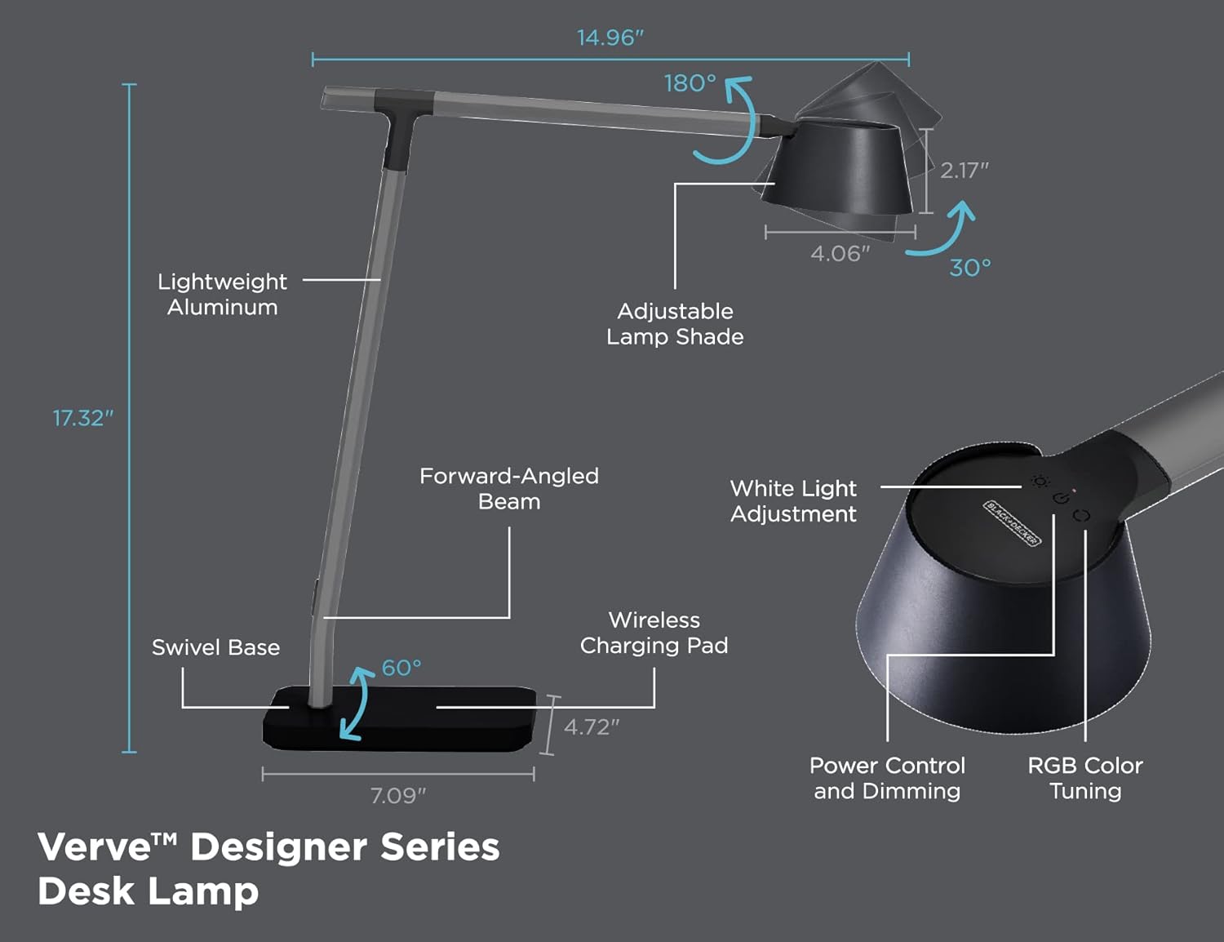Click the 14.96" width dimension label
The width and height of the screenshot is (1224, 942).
[x=610, y=38]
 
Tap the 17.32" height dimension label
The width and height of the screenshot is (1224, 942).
[x=82, y=418]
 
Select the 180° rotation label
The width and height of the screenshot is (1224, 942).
[x=690, y=83]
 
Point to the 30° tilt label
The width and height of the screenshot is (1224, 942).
[x=970, y=268]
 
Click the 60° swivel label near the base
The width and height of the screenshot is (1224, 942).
[x=401, y=668]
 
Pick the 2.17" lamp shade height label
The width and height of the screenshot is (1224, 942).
[x=965, y=170]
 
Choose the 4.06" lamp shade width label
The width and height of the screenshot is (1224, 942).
[x=840, y=254]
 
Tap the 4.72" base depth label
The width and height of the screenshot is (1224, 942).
[x=592, y=727]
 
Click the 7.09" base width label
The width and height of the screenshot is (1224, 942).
[x=397, y=796]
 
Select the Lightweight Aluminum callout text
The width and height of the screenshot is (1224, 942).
[x=222, y=294]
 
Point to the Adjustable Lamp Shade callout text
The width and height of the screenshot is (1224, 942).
[x=675, y=324]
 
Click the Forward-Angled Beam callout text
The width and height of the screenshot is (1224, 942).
[x=509, y=488]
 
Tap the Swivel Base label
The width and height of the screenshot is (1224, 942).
[x=215, y=647]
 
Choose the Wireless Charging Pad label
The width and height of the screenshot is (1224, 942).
[x=654, y=633]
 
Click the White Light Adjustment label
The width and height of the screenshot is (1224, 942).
[x=793, y=501]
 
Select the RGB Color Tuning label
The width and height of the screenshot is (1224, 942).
[x=1085, y=778]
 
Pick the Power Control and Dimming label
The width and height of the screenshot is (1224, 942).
[x=887, y=778]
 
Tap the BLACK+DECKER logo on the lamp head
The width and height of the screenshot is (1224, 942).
[x=1012, y=522]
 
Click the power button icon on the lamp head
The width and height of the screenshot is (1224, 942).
[x=1062, y=498]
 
